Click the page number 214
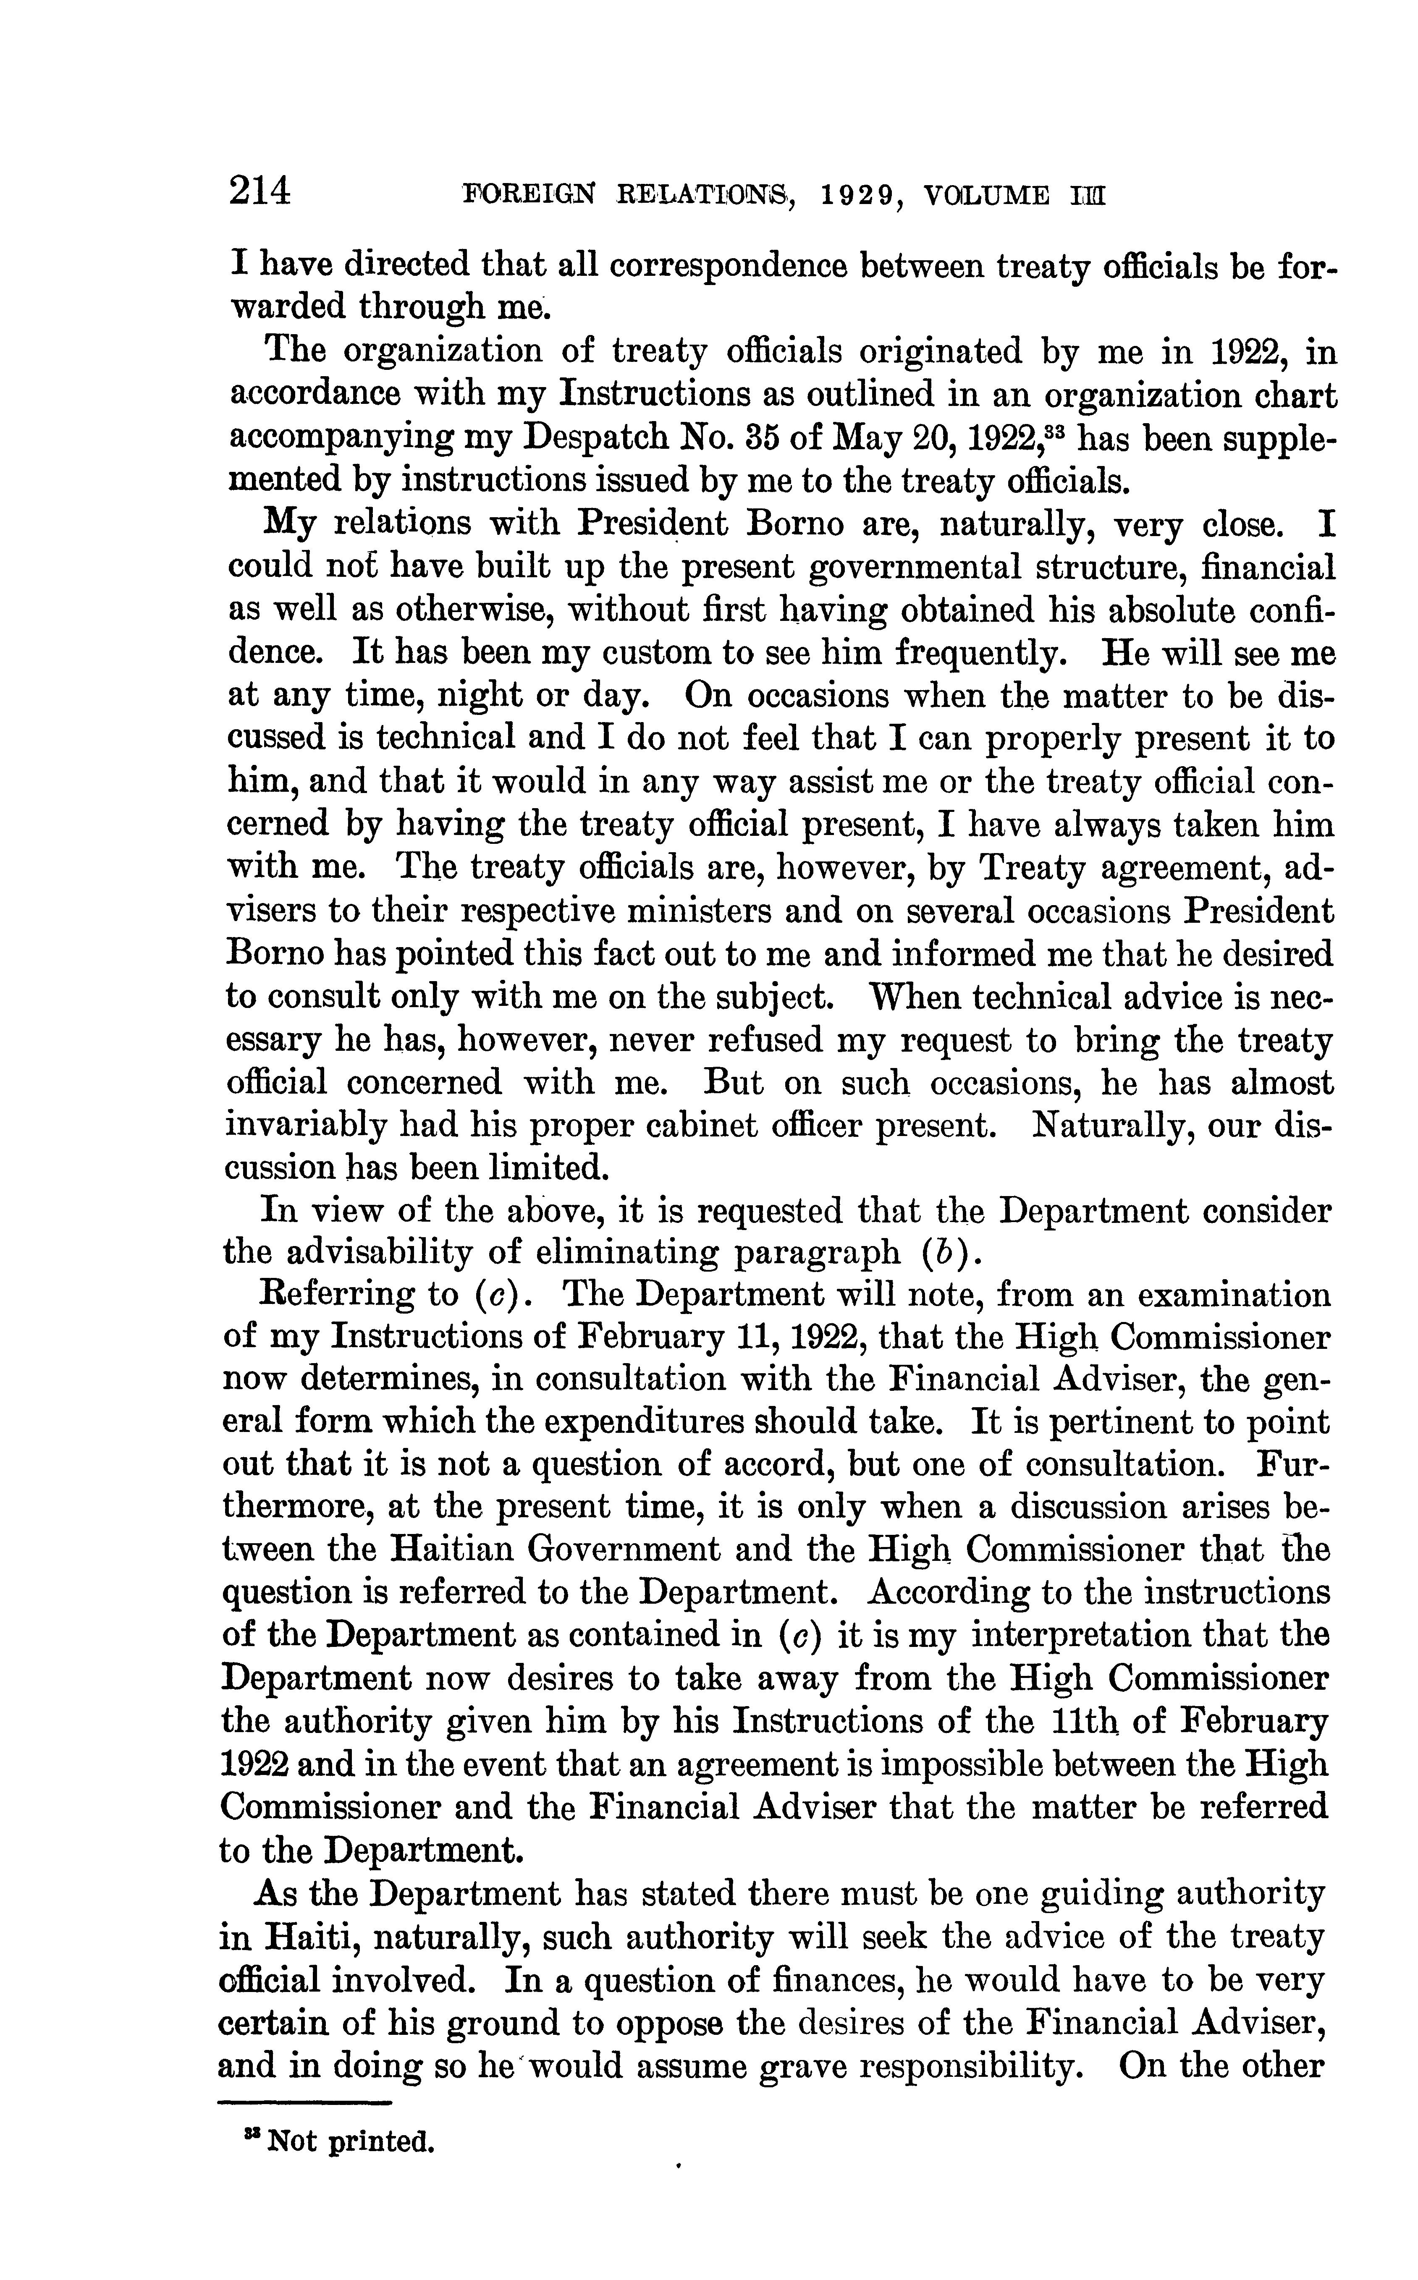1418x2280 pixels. click(x=262, y=193)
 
